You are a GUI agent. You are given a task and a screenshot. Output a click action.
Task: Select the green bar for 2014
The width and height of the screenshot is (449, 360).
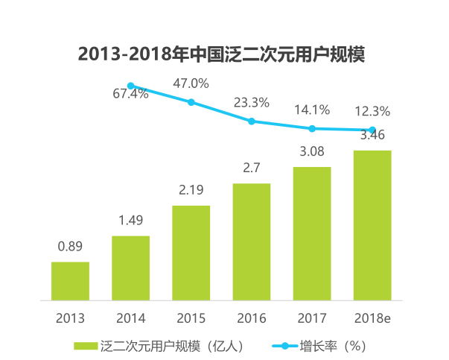130,268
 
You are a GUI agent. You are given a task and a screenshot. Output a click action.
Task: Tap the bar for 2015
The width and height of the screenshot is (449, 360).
191,253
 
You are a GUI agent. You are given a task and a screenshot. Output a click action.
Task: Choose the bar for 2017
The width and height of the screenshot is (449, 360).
311,233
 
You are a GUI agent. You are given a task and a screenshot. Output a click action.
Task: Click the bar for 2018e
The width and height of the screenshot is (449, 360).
372,225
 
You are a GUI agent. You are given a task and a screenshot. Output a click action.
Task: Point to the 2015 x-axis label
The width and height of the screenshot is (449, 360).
191,318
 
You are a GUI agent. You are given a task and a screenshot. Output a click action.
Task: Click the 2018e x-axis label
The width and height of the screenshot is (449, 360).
372,318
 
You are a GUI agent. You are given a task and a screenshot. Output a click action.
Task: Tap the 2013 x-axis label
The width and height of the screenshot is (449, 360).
70,318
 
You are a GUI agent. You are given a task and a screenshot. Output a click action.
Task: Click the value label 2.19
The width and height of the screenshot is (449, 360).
191,191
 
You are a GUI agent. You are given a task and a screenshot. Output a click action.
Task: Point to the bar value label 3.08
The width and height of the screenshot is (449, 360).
311,152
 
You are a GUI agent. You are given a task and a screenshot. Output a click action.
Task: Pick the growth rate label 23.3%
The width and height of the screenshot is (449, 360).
251,103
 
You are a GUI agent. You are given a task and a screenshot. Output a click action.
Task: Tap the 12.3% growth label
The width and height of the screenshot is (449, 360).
372,111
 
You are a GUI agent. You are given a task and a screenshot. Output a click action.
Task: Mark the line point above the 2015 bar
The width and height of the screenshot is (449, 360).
191,102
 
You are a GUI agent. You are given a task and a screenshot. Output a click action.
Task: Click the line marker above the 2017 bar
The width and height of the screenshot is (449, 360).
311,128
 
